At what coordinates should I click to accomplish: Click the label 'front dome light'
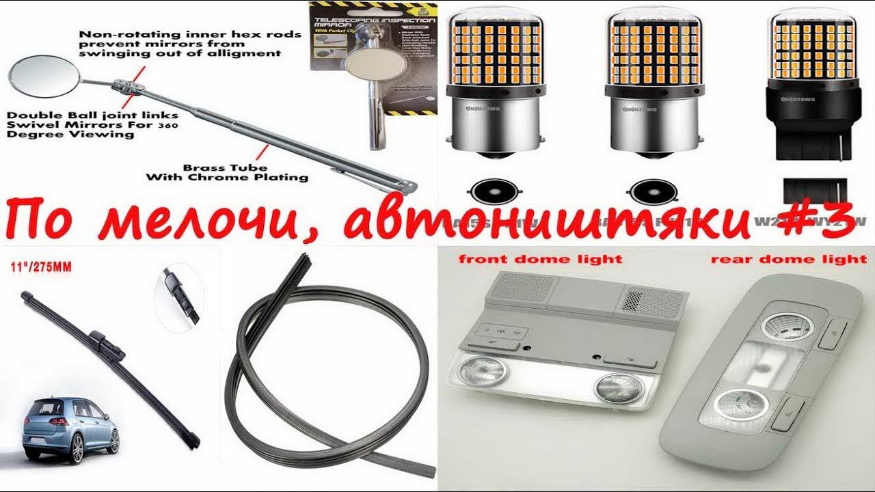click(540, 259)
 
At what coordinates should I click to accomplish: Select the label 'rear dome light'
click(788, 259)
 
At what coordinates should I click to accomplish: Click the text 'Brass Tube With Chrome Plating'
click(227, 172)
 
